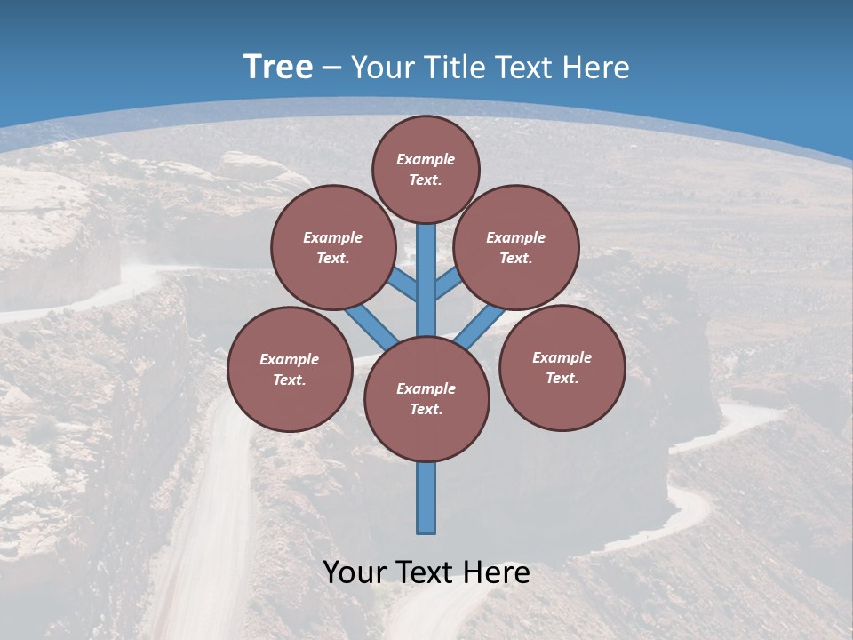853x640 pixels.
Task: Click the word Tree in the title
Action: pos(278,68)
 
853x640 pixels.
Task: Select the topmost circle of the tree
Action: pos(426,169)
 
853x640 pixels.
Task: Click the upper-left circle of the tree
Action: pos(333,247)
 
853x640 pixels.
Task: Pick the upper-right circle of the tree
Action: pos(516,247)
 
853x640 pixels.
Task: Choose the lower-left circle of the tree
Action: pos(290,369)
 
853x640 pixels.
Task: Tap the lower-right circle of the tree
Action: pos(562,367)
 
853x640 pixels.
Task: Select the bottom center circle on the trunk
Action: pos(426,398)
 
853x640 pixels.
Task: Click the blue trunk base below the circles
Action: pos(426,498)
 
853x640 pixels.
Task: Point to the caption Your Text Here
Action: pos(426,572)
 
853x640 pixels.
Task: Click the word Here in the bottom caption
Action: pos(498,572)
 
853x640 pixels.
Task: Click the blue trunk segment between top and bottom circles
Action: pos(426,280)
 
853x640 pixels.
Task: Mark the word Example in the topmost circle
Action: pos(426,159)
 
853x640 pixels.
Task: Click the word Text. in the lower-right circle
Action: pos(562,378)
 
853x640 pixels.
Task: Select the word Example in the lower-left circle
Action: pos(290,359)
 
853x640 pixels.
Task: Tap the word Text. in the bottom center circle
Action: pos(426,409)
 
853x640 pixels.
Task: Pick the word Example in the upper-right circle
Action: pos(516,237)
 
